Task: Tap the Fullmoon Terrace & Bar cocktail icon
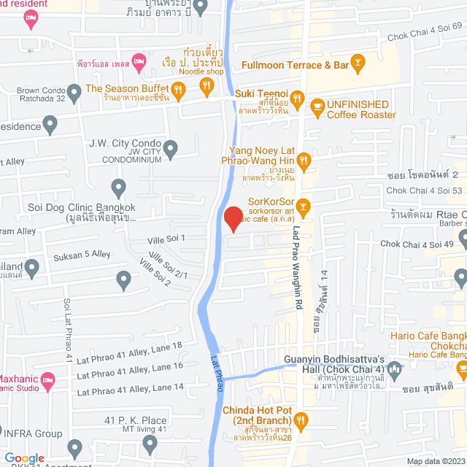(x=358, y=66)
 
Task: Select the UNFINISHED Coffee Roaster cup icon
(x=317, y=107)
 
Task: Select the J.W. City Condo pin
(x=171, y=150)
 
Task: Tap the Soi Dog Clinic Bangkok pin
(x=119, y=188)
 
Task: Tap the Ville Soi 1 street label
(x=168, y=238)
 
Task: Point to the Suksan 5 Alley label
(x=82, y=255)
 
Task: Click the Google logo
(x=24, y=457)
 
